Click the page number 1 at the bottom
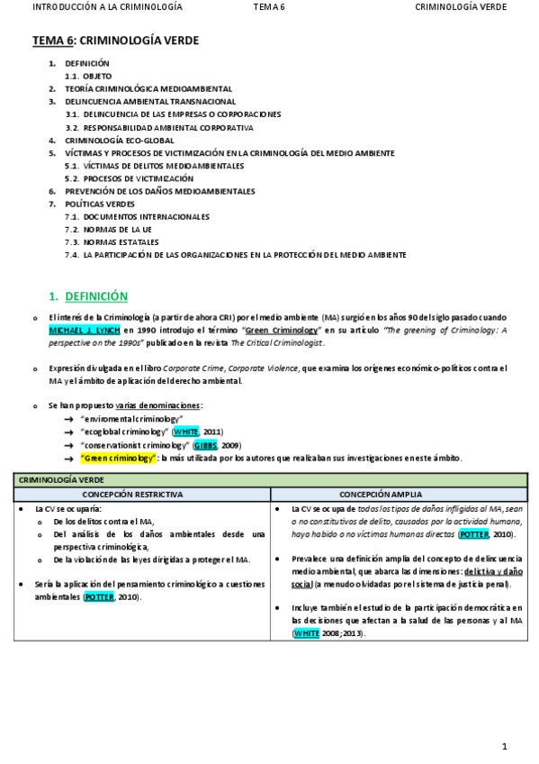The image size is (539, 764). pos(505,746)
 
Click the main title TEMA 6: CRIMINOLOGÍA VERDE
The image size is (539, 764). pos(115,41)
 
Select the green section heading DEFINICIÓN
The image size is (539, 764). pos(96,296)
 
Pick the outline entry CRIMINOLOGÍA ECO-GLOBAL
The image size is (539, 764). pos(120,141)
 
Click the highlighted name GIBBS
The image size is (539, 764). pos(206,445)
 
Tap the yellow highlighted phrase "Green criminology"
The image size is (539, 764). pos(118,458)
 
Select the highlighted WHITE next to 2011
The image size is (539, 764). pos(185,432)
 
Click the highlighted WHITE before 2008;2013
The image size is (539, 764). pos(306,633)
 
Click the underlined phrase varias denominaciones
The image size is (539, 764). pos(158,406)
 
